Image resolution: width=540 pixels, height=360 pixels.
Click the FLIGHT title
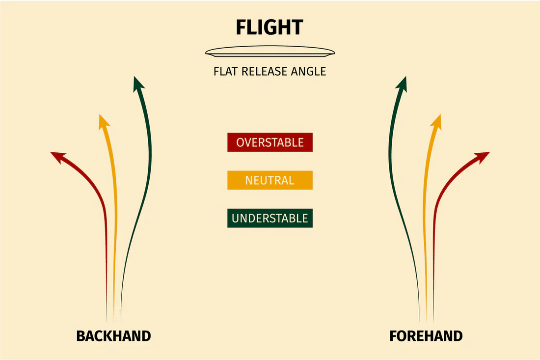pos(270,27)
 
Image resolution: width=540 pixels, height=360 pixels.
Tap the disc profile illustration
pos(270,52)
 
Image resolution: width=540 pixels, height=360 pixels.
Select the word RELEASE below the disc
pos(265,71)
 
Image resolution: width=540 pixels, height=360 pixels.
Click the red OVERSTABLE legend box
pos(270,142)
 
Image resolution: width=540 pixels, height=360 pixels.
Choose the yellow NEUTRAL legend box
pos(270,180)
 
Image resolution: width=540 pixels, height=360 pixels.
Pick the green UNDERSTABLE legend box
pos(270,218)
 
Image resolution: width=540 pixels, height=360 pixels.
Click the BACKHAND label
pos(114,336)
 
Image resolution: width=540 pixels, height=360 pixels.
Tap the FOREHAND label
pos(426,336)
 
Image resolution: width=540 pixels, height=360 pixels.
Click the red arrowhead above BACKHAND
pos(57,156)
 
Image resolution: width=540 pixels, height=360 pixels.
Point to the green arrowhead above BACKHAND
pos(138,84)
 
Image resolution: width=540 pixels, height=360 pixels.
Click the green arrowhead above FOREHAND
pos(402,84)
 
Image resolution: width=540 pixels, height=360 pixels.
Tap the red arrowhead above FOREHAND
pos(483,156)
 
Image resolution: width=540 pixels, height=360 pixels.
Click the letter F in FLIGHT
pos(241,27)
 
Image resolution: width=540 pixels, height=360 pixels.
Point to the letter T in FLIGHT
pos(297,27)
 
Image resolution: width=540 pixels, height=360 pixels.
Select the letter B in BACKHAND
pos(81,336)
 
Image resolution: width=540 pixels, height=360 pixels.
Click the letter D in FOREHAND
pos(458,336)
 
